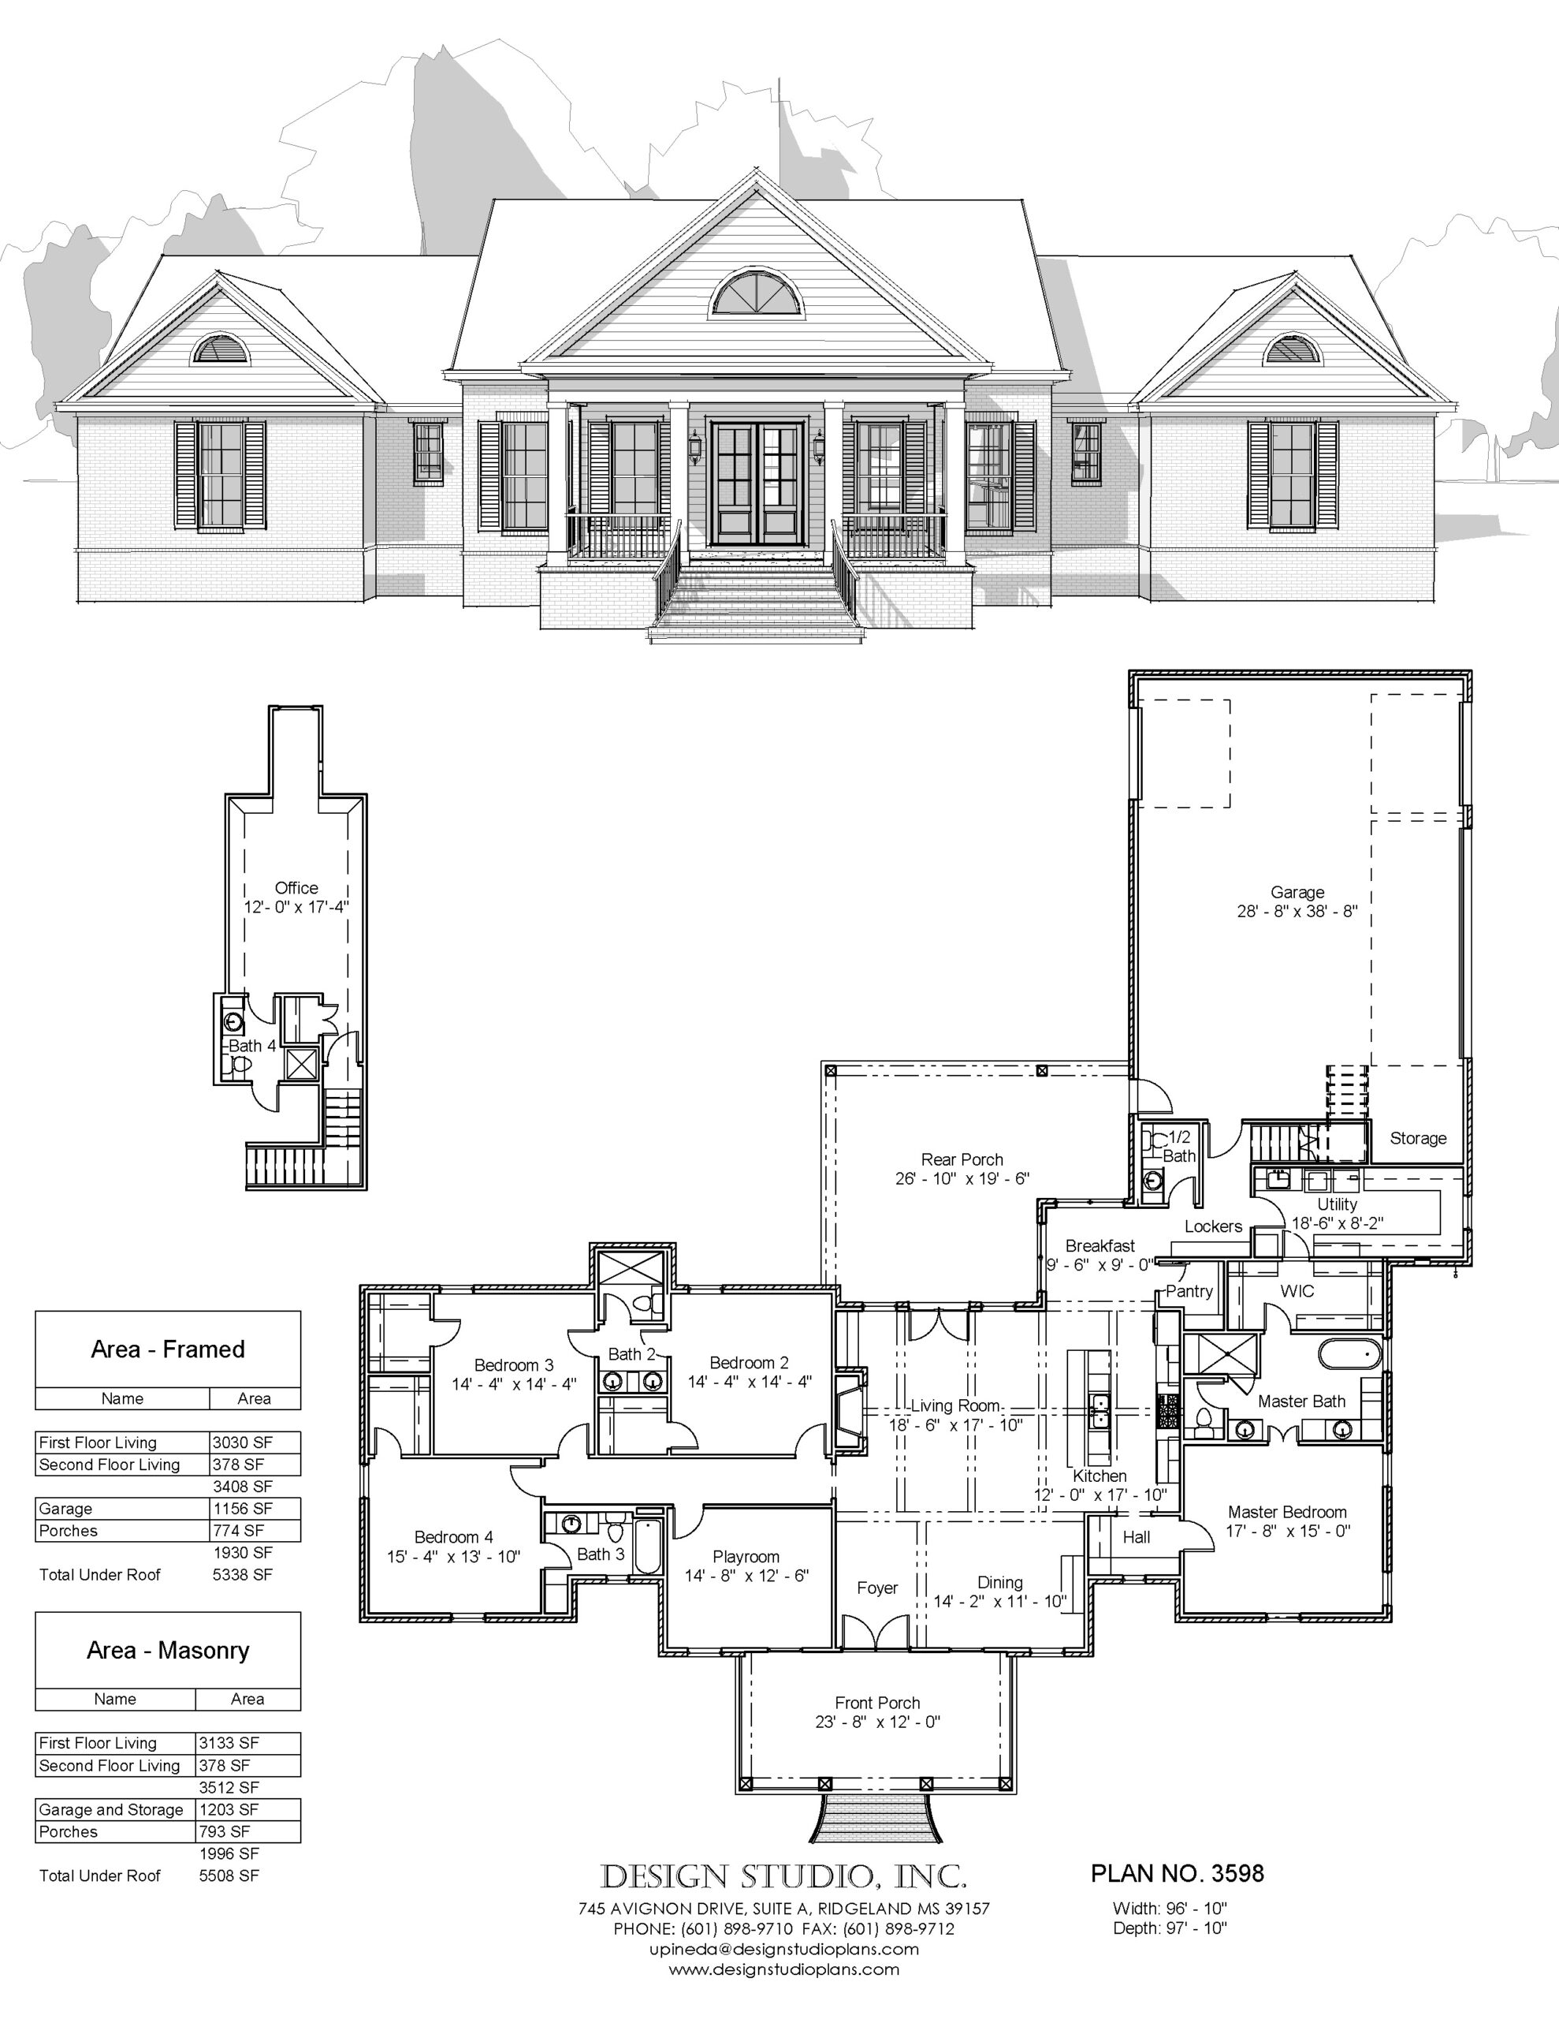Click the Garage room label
[1297, 892]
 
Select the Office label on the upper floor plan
[296, 887]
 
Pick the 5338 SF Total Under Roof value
[242, 1574]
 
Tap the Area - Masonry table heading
[168, 1650]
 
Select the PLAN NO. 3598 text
[1178, 1873]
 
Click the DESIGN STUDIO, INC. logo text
[783, 1875]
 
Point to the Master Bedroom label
[1287, 1511]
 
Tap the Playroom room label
[746, 1556]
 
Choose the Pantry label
[1189, 1292]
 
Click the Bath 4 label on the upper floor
[252, 1046]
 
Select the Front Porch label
[877, 1702]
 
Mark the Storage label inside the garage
[1418, 1138]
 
